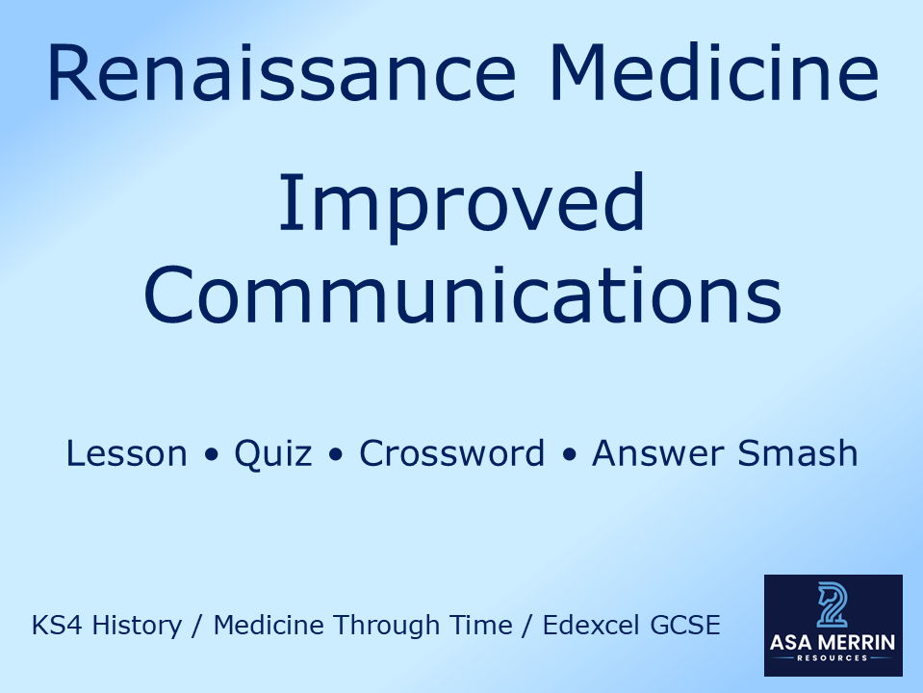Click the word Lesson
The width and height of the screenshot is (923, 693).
click(x=126, y=453)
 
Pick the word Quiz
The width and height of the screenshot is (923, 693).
click(x=273, y=453)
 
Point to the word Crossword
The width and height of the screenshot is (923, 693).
click(x=451, y=453)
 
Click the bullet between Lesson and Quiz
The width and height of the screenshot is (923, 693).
click(x=211, y=454)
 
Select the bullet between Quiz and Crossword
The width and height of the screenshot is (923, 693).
click(x=335, y=454)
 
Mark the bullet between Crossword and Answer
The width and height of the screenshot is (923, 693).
click(x=568, y=454)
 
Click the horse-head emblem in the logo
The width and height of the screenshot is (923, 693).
click(x=833, y=604)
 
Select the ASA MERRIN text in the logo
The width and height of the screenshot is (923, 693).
click(x=833, y=643)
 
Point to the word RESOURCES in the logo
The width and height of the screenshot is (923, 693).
click(x=833, y=658)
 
